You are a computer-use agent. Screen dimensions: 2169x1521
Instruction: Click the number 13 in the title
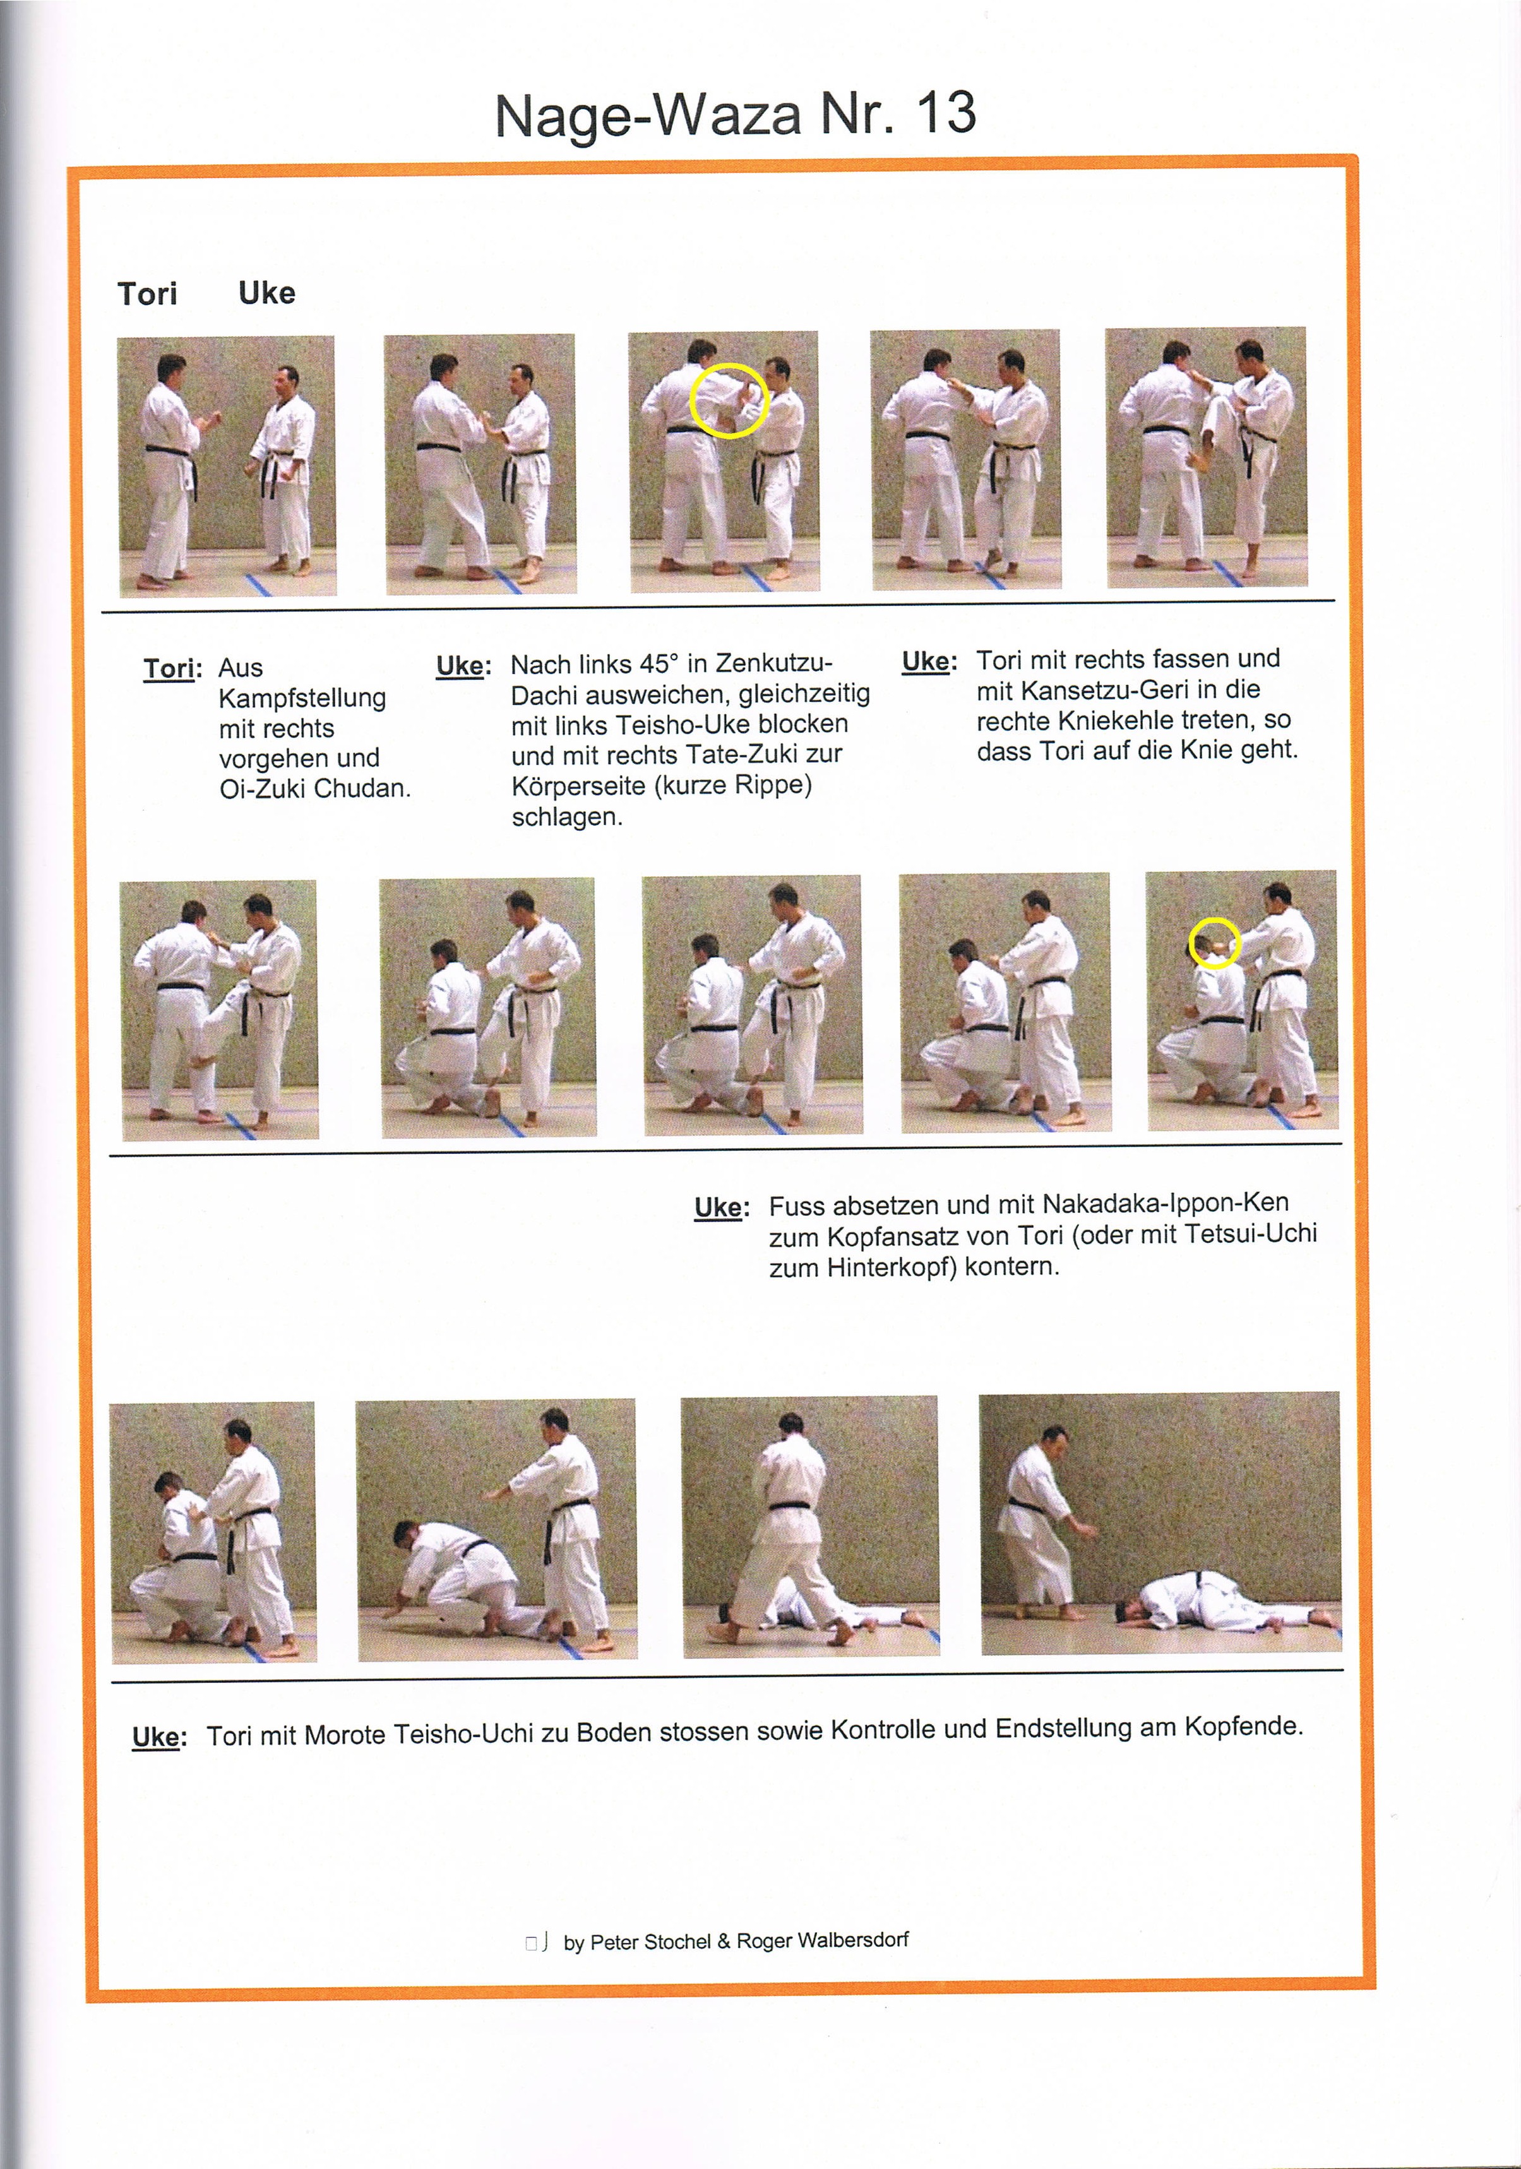coord(945,114)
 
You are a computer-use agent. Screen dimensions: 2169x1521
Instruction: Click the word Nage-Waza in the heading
coord(647,116)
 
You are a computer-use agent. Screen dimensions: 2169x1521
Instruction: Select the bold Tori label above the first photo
coord(147,294)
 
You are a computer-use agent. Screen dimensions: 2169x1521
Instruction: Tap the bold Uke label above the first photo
coord(266,293)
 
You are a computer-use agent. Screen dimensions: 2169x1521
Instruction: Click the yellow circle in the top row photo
coord(727,401)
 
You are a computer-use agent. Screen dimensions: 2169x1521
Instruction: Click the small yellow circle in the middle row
coord(1213,942)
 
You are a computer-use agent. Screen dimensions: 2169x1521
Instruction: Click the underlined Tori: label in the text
coord(172,669)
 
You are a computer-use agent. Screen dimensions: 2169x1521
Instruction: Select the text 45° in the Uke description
coord(659,663)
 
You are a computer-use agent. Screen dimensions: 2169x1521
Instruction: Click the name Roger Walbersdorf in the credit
coord(822,1940)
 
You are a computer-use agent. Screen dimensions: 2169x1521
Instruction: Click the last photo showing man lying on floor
coord(1160,1523)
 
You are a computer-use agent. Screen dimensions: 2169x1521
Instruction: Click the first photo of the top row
coord(227,466)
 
